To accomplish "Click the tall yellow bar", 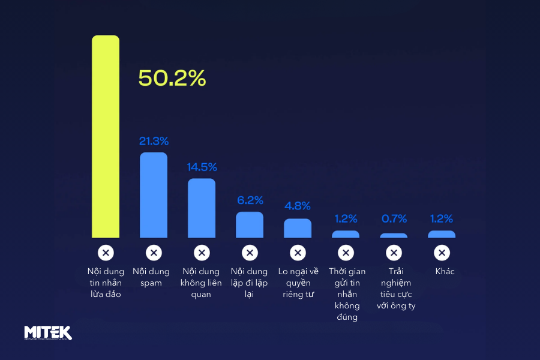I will [106, 137].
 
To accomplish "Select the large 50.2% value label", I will [172, 78].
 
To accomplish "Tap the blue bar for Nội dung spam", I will [154, 195].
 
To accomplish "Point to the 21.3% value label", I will [154, 142].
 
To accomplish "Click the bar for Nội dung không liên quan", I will [202, 208].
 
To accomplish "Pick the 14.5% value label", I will [202, 167].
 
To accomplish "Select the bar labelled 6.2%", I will [250, 225].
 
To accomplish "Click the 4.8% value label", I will [298, 206].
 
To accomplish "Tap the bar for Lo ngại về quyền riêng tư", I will [298, 229].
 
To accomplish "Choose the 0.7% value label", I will [394, 219].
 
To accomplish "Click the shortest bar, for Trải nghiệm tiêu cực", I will [394, 236].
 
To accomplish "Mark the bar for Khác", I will [442, 235].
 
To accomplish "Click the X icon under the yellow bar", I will [106, 253].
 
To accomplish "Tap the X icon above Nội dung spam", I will [154, 253].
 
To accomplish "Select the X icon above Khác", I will [442, 253].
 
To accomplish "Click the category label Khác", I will [445, 272].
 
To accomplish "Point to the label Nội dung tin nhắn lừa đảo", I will [106, 283].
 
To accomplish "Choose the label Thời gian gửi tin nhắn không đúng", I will [347, 294].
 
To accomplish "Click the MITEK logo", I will [48, 332].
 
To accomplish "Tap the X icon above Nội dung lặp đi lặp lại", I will [250, 253].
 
